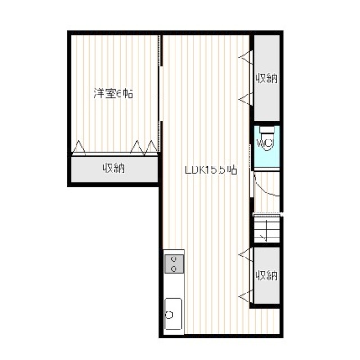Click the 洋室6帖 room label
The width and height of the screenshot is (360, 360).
pos(113,94)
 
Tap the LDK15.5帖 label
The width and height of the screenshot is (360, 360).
pos(211,170)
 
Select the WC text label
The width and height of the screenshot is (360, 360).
pos(265,143)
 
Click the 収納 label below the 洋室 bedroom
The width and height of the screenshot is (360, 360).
pos(114,168)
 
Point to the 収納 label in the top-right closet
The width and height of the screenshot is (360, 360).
pos(266,78)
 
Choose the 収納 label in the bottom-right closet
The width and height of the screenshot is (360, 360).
pos(266,274)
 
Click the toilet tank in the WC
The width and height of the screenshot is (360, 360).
pos(266,130)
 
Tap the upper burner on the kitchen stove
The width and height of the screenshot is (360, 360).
pos(174,259)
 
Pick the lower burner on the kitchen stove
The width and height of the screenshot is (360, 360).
pos(174,268)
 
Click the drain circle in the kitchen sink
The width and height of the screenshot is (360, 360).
pos(169,315)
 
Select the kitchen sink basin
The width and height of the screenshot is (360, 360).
pos(173,313)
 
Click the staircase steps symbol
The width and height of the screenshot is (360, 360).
pos(266,230)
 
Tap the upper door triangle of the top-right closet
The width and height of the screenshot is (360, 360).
pos(246,57)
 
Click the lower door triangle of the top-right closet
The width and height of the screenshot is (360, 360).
pos(246,99)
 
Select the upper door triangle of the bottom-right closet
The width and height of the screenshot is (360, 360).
pos(246,255)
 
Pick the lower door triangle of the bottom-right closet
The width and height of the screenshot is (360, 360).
pos(246,296)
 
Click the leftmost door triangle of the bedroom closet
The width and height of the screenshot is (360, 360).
pos(79,148)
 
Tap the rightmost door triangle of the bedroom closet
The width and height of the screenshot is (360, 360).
pos(151,148)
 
